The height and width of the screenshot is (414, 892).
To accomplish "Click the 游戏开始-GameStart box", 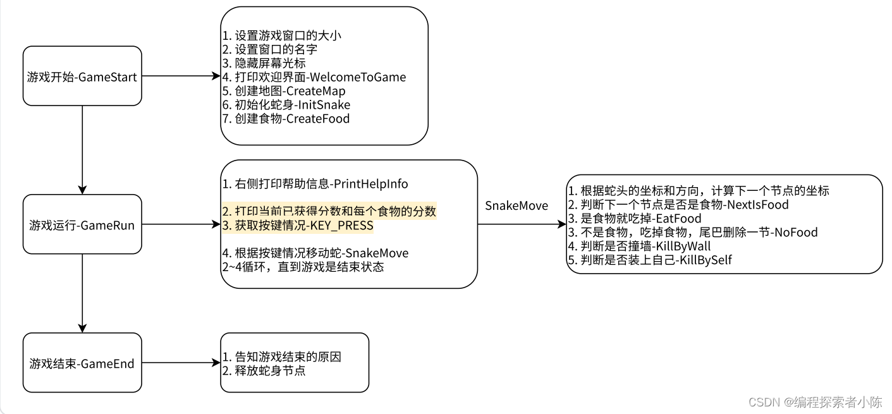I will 82,76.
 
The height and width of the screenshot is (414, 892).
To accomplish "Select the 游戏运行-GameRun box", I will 82,224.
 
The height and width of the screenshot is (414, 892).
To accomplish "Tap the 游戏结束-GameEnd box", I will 82,363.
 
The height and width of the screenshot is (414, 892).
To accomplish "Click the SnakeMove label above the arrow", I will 516,206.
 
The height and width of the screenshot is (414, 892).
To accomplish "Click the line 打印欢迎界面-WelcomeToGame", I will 314,77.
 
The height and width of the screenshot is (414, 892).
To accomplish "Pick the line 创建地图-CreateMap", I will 284,91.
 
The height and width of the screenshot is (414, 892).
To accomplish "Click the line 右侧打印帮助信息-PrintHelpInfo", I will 315,184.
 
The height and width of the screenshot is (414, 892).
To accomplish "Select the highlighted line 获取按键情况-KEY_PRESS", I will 298,226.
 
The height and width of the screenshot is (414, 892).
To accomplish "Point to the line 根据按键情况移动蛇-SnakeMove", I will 315,253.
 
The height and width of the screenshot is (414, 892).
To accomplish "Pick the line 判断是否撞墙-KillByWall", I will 639,246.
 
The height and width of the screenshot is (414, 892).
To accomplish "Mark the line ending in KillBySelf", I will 649,260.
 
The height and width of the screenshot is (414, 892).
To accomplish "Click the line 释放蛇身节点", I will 264,370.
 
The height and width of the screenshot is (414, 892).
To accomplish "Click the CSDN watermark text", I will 815,401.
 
